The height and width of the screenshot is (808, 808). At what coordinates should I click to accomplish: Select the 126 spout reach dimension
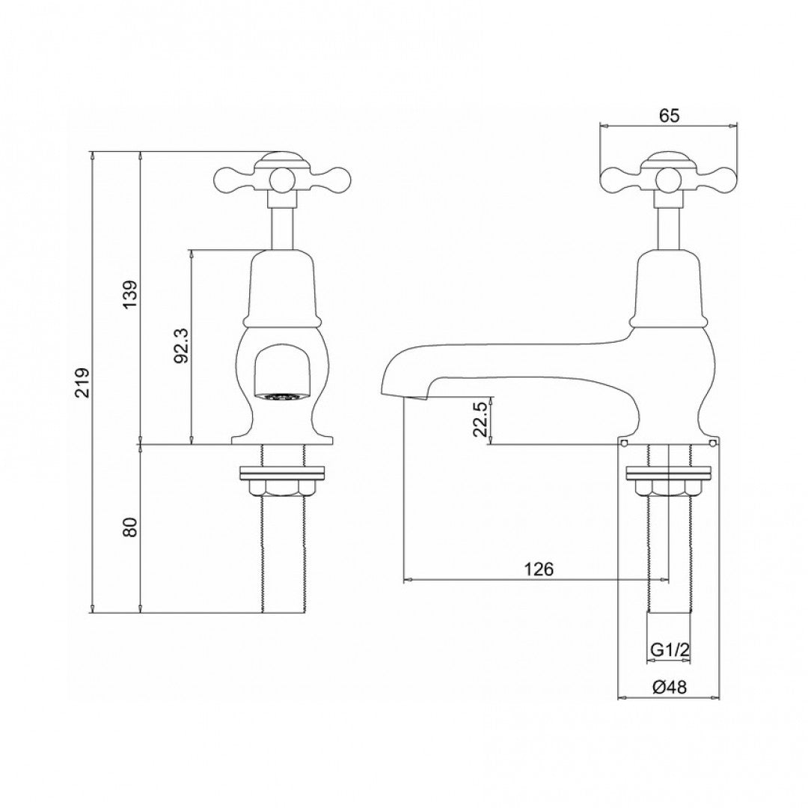coord(538,569)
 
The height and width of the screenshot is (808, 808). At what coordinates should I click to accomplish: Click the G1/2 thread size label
coord(668,651)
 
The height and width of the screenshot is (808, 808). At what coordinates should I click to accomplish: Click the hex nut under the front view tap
coord(283,488)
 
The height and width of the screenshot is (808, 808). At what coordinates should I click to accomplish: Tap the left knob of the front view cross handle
coord(227,177)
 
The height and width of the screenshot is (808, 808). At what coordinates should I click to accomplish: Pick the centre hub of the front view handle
coord(283,178)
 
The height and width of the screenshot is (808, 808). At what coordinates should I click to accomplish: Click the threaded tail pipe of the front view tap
coord(283,554)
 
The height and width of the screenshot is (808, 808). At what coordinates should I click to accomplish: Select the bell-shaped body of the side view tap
coord(669,288)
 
